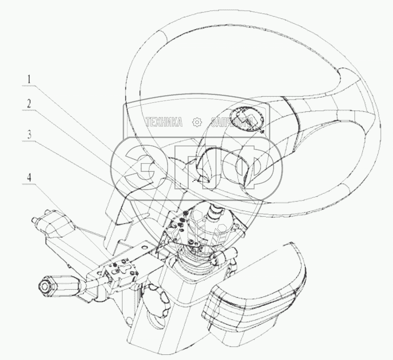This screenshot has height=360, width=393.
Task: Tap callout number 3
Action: point(29,134)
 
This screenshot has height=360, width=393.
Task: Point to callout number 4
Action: point(29,178)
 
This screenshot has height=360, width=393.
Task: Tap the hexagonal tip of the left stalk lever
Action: point(45,286)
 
